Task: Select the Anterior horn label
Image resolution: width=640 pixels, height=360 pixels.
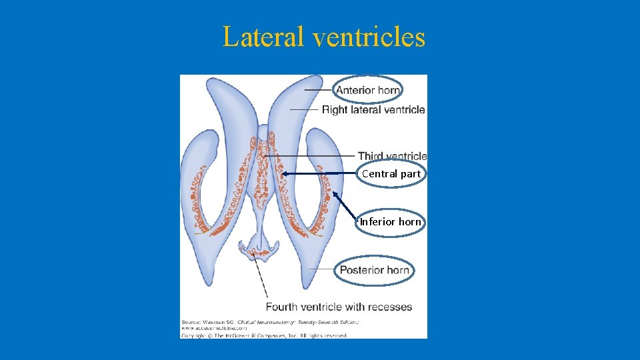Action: pos(367,90)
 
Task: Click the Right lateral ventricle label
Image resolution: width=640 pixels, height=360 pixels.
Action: pos(373,109)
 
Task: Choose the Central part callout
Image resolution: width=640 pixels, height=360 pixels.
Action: pos(391,174)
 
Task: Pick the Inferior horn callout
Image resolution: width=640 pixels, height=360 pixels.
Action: pos(391,222)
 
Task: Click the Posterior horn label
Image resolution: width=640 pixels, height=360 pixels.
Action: pos(374,270)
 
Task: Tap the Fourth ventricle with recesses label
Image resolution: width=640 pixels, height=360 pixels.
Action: pos(339,307)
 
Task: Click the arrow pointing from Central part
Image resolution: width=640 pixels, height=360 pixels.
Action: pos(320,173)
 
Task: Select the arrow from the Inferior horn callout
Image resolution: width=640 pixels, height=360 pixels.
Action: pos(345,205)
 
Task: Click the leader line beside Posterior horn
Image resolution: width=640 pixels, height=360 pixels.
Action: pos(322,269)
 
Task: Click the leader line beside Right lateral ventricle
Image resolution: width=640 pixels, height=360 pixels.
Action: pos(304,109)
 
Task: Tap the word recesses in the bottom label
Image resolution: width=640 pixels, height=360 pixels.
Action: pos(390,307)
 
